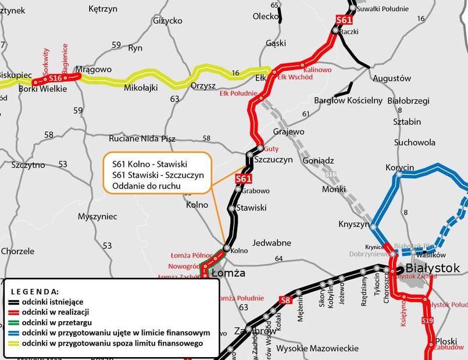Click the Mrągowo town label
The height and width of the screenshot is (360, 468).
(93, 70)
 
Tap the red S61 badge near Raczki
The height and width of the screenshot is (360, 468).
(344, 20)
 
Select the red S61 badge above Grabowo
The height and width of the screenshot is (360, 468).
(244, 179)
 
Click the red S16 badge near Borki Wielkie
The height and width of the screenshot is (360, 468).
(55, 78)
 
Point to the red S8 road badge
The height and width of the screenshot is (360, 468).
(285, 300)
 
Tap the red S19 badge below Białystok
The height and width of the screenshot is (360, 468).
(427, 320)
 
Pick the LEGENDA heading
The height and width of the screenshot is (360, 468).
(35, 291)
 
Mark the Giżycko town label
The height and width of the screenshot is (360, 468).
(167, 20)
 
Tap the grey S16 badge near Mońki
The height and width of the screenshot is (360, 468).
(331, 174)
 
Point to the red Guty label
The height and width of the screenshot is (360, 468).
(271, 149)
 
